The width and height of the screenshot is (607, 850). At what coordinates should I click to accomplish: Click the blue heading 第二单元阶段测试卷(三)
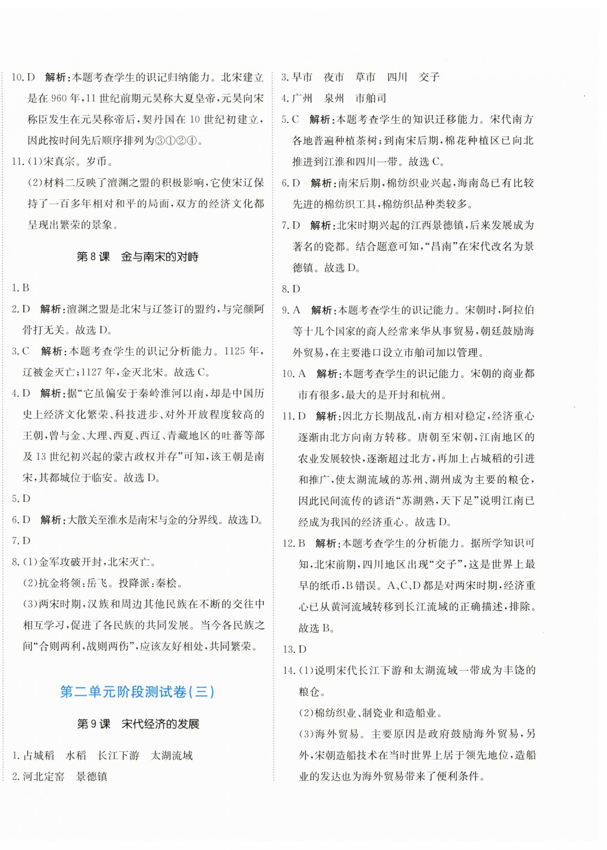pos(137,692)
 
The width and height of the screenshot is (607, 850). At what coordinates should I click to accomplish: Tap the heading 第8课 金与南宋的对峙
pos(137,257)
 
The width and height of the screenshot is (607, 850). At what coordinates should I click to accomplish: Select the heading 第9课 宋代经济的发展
pos(138,724)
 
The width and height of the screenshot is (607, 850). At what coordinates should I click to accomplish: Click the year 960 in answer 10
pos(59,99)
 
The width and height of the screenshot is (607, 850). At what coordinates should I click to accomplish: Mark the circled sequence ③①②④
pos(175,141)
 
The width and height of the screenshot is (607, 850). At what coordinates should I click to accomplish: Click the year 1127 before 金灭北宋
pos(92,372)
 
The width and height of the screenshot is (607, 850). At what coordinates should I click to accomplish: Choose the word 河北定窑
pos(43,777)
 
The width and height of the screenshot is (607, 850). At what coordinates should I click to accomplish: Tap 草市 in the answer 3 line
pos(365,77)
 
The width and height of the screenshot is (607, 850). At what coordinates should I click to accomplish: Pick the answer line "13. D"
pos(295,649)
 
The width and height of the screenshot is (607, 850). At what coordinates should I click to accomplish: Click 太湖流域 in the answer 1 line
pos(172,755)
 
